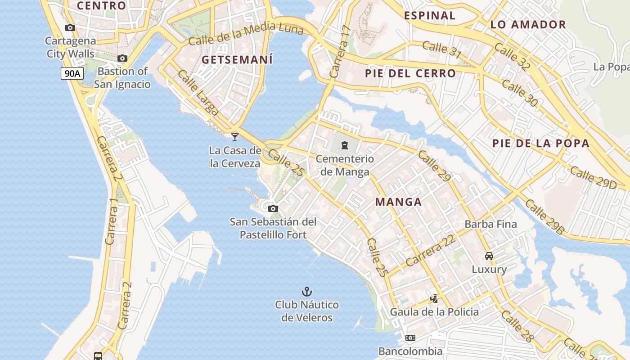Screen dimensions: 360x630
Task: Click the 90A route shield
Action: (72, 73)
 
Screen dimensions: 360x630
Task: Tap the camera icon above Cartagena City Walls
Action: (70, 28)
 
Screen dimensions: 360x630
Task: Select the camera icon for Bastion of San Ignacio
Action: (122, 58)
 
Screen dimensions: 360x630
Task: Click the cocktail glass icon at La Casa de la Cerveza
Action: (234, 137)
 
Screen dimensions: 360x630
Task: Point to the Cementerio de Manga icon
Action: (345, 145)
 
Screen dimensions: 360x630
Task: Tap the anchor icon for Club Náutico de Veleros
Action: (307, 292)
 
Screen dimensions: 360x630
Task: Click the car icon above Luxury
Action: (489, 256)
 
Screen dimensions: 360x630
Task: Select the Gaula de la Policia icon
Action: (434, 298)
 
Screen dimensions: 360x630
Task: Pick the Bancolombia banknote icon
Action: (410, 338)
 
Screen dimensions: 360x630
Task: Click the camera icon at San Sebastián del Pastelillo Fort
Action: (273, 208)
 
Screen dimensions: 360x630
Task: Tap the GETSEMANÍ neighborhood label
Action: (237, 60)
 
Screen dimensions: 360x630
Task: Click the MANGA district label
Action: (399, 202)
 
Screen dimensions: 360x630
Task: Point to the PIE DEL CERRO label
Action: (410, 73)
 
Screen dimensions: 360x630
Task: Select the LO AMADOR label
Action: (528, 25)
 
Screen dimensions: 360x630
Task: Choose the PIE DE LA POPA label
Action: (540, 144)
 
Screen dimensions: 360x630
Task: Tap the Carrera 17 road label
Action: (340, 52)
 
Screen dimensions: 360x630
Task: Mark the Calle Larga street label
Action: (198, 93)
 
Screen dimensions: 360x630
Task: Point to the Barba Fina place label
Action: (490, 224)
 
